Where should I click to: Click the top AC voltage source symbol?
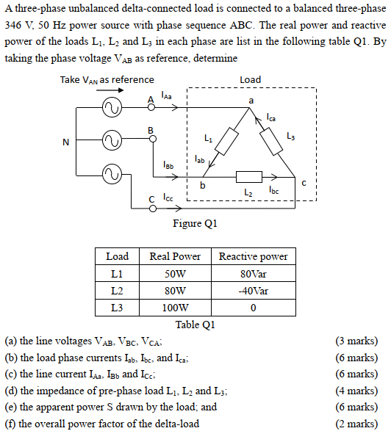[112, 107]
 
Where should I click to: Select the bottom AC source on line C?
[112, 175]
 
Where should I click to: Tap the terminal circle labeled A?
[151, 107]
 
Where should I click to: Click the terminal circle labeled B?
[153, 139]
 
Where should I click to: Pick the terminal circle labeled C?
[153, 209]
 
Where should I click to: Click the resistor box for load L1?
[226, 141]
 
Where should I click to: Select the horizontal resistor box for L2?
[249, 177]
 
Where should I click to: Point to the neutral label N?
[65, 142]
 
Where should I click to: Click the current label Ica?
[270, 117]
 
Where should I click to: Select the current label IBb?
[168, 164]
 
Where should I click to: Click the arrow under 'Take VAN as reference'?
[110, 90]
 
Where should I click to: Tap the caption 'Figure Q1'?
[195, 223]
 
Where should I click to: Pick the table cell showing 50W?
[175, 274]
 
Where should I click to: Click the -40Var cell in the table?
[253, 291]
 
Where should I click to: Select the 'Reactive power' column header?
[253, 257]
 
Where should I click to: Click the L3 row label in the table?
[117, 308]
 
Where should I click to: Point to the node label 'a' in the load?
[251, 101]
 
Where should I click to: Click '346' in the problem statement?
[13, 25]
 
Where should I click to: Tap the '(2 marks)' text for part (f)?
[356, 424]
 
